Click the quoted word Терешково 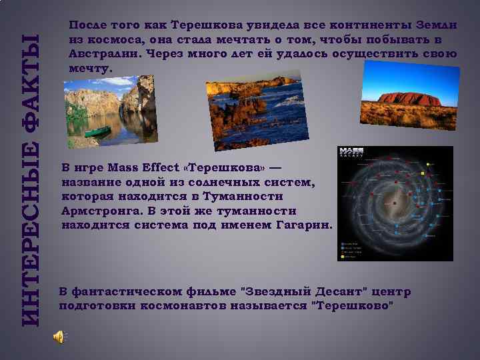click(353, 306)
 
